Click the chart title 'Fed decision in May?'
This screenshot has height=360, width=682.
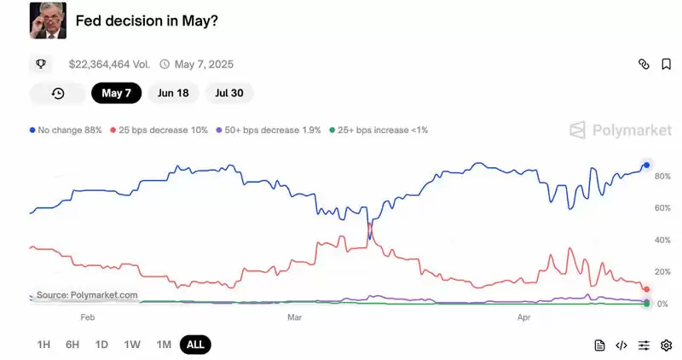tap(147, 20)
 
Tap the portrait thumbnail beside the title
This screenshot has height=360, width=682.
tap(48, 20)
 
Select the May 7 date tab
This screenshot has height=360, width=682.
tap(116, 93)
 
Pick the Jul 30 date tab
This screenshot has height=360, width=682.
tap(228, 93)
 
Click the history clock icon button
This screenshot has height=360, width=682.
tap(58, 93)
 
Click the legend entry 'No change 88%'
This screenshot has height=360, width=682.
tap(66, 131)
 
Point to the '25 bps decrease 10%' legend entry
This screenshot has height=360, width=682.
tap(159, 131)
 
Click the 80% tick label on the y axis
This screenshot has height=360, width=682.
tap(662, 177)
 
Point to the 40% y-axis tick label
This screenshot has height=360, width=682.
tap(662, 241)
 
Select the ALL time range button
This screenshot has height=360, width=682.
tap(195, 345)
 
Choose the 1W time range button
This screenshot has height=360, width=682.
tap(132, 345)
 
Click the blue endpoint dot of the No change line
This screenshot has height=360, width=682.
tap(647, 165)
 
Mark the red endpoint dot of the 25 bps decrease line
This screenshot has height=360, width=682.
tap(647, 289)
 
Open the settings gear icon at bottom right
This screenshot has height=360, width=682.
tap(666, 345)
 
